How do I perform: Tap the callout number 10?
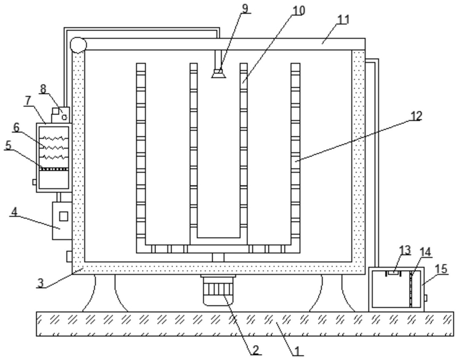(299, 11)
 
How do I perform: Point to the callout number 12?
(416, 116)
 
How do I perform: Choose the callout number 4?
(14, 213)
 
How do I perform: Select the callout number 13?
(405, 250)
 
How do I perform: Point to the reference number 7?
(28, 101)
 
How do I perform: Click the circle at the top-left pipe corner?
(77, 45)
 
